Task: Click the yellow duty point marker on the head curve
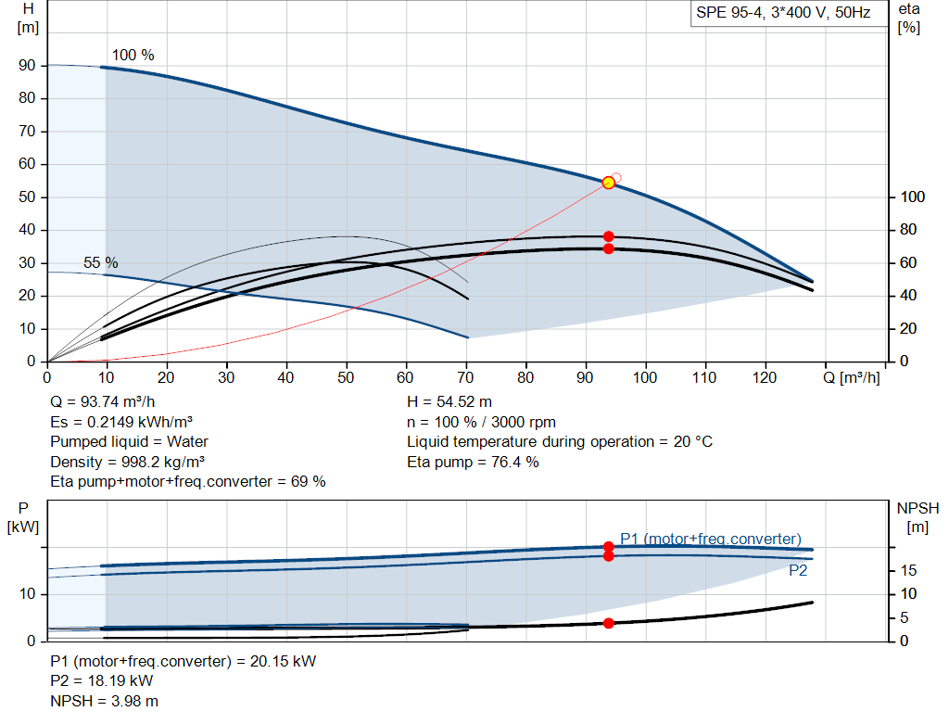pyautogui.click(x=609, y=183)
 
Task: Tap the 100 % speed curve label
pyautogui.click(x=133, y=55)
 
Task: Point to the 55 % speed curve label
pyautogui.click(x=100, y=262)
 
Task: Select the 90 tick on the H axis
pyautogui.click(x=27, y=66)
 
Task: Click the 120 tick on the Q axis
pyautogui.click(x=765, y=377)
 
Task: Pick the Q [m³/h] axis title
pyautogui.click(x=852, y=377)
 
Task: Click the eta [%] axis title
pyautogui.click(x=909, y=19)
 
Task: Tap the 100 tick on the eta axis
pyautogui.click(x=913, y=197)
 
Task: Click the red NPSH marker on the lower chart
pyautogui.click(x=609, y=623)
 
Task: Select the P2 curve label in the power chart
pyautogui.click(x=798, y=570)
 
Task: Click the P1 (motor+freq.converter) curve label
pyautogui.click(x=711, y=539)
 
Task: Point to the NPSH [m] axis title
pyautogui.click(x=917, y=517)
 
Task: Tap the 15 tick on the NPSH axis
pyautogui.click(x=908, y=570)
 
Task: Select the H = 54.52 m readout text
pyautogui.click(x=449, y=402)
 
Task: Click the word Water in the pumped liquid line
pyautogui.click(x=187, y=442)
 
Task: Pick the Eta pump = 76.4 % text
pyautogui.click(x=473, y=462)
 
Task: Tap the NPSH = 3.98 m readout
pyautogui.click(x=104, y=701)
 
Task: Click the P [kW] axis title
pyautogui.click(x=23, y=517)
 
